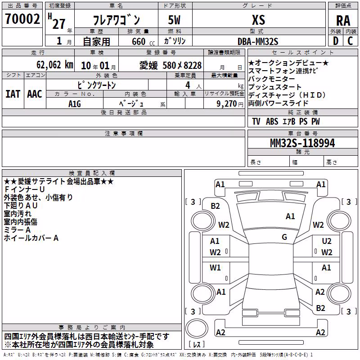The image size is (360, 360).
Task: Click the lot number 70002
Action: click(22, 19)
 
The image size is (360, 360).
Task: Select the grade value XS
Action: click(258, 20)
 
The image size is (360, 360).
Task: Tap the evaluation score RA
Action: click(343, 21)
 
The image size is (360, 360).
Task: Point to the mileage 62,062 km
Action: click(55, 65)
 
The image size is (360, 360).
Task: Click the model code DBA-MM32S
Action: click(258, 41)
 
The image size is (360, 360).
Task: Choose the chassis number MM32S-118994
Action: click(302, 143)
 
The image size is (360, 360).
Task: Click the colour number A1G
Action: click(75, 104)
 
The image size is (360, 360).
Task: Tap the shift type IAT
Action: click(13, 94)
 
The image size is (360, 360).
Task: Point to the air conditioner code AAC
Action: click(35, 94)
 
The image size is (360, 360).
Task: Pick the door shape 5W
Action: click(174, 20)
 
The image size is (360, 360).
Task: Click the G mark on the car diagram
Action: click(284, 237)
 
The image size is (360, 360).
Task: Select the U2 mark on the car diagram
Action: click(327, 241)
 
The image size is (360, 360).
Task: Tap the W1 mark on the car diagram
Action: click(215, 267)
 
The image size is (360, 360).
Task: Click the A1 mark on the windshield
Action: click(290, 216)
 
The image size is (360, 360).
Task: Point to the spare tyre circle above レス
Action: click(197, 328)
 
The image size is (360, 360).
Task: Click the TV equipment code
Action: click(256, 121)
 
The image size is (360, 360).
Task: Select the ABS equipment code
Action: click(272, 121)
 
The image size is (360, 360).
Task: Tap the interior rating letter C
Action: click(350, 41)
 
